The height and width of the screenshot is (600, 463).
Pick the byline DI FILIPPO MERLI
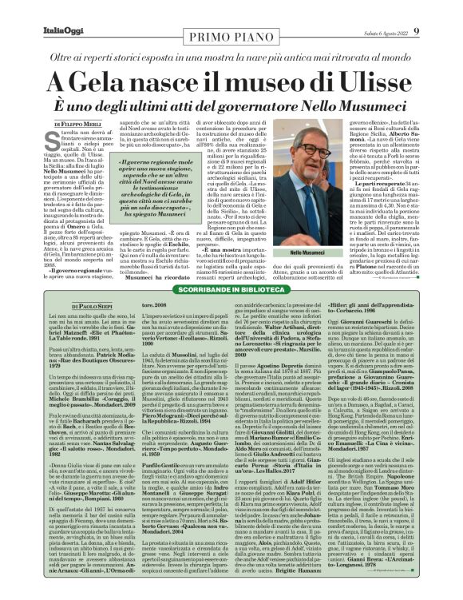tap(77, 125)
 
